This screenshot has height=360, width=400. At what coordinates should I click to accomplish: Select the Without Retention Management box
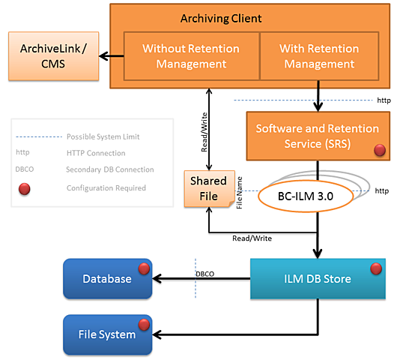coord(191,56)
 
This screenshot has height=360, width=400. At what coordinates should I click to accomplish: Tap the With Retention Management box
coord(318,56)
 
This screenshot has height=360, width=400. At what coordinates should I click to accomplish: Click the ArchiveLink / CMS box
coord(53,56)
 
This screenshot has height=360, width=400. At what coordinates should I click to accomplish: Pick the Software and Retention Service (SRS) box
coord(318,136)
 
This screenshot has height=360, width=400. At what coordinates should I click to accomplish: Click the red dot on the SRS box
coord(379,151)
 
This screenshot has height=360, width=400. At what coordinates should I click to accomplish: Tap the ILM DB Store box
coord(316,279)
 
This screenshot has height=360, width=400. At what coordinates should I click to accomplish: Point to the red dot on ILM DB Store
coord(376,268)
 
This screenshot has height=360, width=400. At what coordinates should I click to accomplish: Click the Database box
coord(107,278)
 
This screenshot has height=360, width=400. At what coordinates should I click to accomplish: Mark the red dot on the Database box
coord(143,268)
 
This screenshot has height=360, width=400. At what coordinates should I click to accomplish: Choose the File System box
coord(107,334)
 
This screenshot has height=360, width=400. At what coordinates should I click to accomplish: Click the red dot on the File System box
coord(143,324)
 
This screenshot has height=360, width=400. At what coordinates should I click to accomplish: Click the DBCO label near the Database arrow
coord(204,274)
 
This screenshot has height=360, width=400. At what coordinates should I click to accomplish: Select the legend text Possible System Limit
coord(103,136)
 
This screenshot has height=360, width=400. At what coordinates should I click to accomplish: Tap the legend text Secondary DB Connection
coord(109,169)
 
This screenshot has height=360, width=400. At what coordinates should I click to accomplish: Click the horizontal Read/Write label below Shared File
coord(252,238)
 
